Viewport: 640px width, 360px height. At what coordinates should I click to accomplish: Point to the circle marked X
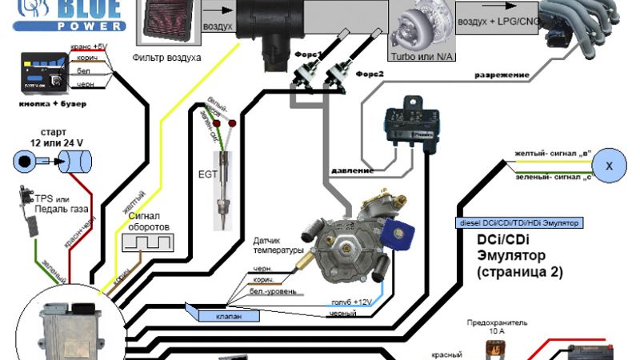tap(609, 166)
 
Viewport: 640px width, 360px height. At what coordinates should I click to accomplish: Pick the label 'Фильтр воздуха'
tap(167, 58)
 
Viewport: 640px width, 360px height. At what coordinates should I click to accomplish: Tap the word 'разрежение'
tap(502, 75)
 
